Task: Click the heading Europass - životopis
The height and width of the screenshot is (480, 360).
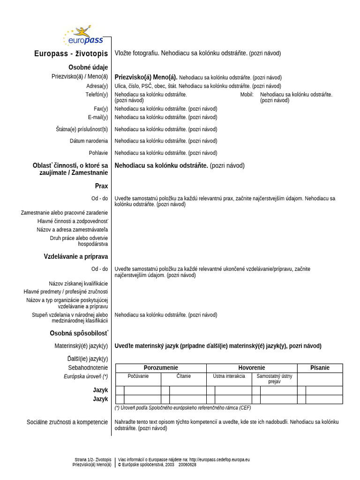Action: (x=71, y=53)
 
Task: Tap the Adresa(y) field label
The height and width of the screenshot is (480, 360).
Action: (x=97, y=86)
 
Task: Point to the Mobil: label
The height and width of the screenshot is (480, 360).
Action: (x=247, y=95)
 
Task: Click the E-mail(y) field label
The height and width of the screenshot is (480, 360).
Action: (x=97, y=117)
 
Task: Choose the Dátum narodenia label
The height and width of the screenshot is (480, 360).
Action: (x=89, y=141)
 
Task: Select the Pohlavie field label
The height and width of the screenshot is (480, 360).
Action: (x=98, y=153)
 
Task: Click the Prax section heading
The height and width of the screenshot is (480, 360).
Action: (x=101, y=186)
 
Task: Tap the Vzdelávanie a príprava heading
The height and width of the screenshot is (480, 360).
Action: (x=76, y=256)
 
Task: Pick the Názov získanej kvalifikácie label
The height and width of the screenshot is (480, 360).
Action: (x=78, y=284)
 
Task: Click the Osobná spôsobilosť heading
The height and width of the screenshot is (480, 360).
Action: (x=79, y=333)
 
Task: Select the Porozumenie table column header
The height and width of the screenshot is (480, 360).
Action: (x=161, y=368)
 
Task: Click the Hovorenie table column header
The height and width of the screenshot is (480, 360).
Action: (x=251, y=368)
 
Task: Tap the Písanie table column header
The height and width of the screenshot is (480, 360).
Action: (x=320, y=368)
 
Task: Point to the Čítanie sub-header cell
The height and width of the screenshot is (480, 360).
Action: (x=183, y=376)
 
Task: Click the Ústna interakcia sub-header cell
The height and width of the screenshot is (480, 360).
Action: (x=229, y=376)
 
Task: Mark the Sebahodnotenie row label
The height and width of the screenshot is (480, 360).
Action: (x=88, y=368)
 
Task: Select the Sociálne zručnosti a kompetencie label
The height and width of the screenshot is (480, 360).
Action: (x=67, y=422)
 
